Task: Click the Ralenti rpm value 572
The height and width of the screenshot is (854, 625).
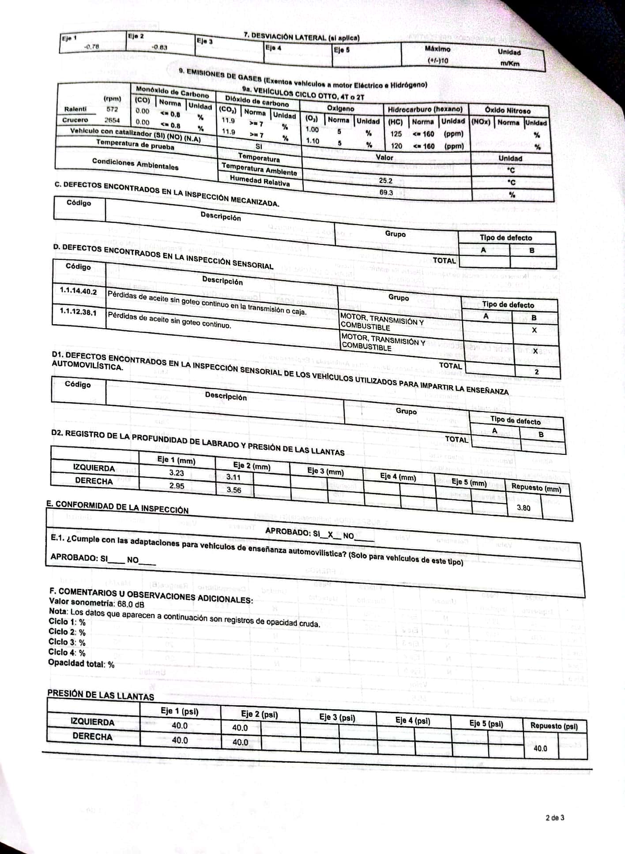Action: point(112,109)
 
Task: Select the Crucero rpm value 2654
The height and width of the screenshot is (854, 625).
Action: point(112,120)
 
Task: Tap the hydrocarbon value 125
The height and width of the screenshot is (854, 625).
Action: point(396,134)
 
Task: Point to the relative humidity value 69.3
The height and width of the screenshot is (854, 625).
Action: point(386,193)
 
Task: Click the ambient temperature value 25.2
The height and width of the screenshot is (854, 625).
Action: point(385,180)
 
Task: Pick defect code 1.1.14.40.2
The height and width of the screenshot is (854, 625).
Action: point(78,292)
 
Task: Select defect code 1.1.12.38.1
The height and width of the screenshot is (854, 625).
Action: point(78,311)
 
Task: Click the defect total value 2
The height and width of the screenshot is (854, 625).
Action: point(536,372)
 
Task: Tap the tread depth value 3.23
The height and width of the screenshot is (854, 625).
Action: point(177,473)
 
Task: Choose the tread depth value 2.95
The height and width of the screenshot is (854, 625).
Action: point(177,486)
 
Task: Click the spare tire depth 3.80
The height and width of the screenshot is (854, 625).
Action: point(523,508)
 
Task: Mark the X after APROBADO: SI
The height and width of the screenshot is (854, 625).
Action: point(330,535)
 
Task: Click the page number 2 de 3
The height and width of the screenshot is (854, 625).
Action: point(555,818)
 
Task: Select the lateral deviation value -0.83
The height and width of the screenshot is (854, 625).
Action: point(159,47)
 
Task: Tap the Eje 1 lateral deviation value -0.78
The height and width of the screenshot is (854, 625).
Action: point(91,46)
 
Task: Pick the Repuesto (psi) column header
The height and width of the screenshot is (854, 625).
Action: point(554,726)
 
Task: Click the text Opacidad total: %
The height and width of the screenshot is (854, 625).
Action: point(81,663)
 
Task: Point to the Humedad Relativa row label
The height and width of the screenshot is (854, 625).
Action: point(260,180)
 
